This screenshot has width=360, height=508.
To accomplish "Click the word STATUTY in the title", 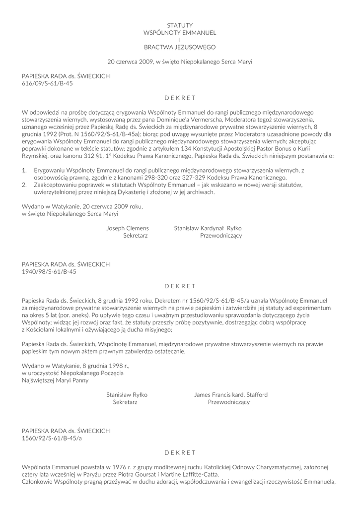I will click(180, 25).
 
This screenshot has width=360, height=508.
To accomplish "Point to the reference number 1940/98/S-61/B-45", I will click(49, 272).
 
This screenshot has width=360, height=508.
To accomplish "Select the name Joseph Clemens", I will click(128, 228).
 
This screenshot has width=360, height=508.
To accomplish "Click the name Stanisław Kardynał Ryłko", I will click(208, 228).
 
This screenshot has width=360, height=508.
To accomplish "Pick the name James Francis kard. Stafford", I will click(231, 394).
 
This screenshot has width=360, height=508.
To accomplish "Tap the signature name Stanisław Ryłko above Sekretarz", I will click(127, 394).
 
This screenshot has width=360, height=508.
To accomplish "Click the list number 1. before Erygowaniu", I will click(25, 170).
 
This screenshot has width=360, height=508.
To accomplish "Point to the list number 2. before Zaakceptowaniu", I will click(25, 185).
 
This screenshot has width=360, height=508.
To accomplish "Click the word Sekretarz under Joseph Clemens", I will click(136, 236).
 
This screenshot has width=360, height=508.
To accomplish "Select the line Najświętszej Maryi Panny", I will click(55, 381).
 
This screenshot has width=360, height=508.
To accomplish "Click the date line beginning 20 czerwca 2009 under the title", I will click(180, 62).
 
